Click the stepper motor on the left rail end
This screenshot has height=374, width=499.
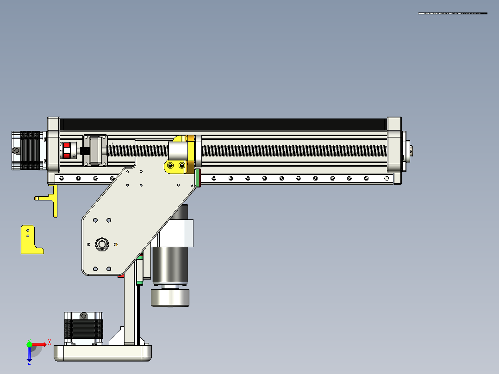[27, 150]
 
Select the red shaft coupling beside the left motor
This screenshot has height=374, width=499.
[66, 151]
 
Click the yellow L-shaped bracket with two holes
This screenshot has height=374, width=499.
[29, 241]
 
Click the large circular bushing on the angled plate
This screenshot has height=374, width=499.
[101, 244]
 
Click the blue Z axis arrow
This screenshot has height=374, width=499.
[29, 355]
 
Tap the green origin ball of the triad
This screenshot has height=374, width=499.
[29, 344]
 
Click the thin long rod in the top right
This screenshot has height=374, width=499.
[452, 13]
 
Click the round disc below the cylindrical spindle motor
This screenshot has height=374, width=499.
[170, 298]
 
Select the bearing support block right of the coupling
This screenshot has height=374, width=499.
[94, 150]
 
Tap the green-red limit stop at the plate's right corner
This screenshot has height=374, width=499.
[198, 178]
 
